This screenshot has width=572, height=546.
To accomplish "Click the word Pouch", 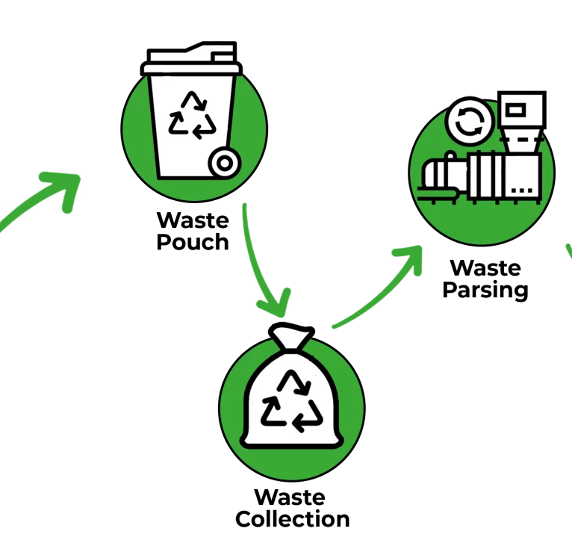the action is [x=193, y=242].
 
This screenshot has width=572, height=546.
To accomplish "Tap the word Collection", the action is [x=293, y=519].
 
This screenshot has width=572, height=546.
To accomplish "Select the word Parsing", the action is [x=485, y=290].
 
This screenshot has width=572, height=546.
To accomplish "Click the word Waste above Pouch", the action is [x=193, y=220].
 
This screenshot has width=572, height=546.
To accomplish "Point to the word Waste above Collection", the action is [x=290, y=497].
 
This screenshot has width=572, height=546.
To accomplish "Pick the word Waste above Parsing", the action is [x=485, y=268].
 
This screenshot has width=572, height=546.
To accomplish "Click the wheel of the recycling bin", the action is [x=225, y=163].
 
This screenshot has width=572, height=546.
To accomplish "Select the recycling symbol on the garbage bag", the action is [x=292, y=401].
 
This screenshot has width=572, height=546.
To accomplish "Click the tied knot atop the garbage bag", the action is [x=291, y=337].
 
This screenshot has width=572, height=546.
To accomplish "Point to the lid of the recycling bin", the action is [x=191, y=59].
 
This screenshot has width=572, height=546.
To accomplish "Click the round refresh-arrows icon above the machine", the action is [x=470, y=121].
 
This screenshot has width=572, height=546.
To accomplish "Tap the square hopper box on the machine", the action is [x=522, y=110].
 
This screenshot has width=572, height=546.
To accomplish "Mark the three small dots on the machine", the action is [x=522, y=190].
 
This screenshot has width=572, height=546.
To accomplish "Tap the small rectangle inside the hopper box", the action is [x=516, y=110].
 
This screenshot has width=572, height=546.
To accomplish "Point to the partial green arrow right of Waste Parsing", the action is [x=569, y=251].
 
